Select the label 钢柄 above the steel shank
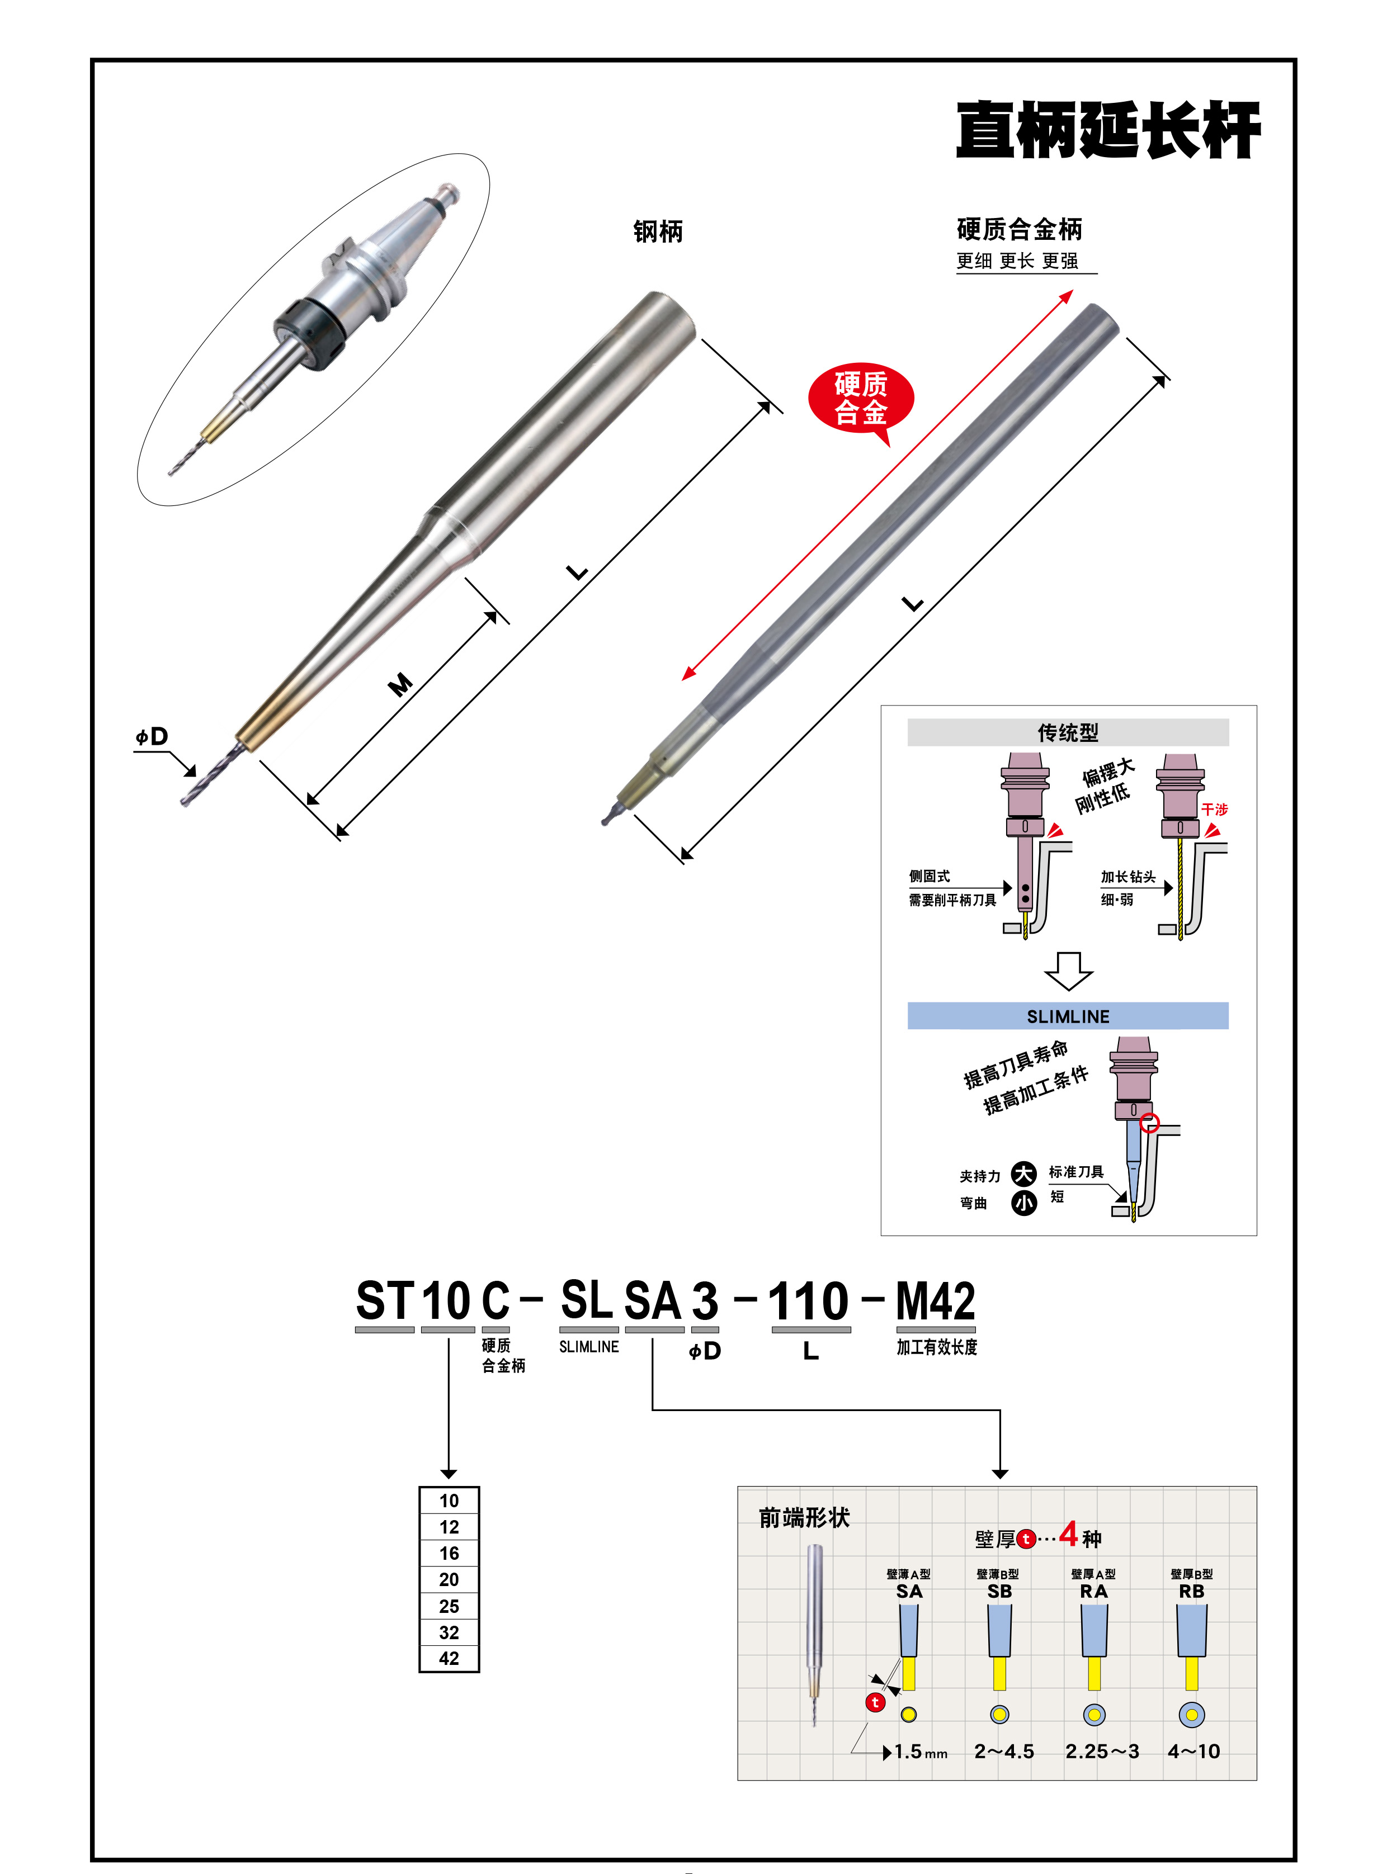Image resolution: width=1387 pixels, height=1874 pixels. [657, 231]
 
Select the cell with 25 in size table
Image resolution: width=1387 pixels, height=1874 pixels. [449, 1606]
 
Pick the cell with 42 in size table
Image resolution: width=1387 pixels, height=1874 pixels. [449, 1658]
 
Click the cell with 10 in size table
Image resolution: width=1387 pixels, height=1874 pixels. [449, 1501]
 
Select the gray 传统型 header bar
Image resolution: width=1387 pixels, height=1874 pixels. [1067, 732]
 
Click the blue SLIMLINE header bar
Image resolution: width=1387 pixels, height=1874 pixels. [1067, 1015]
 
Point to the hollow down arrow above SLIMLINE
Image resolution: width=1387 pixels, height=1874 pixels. [1068, 970]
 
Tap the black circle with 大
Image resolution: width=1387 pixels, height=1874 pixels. [1023, 1173]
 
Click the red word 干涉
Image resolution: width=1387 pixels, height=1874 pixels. [1214, 809]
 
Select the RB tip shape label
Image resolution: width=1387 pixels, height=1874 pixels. [1191, 1591]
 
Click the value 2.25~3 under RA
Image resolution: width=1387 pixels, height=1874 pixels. [1102, 1752]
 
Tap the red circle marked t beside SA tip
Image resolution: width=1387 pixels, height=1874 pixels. [875, 1702]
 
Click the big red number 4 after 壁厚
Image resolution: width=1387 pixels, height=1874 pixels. [1068, 1534]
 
